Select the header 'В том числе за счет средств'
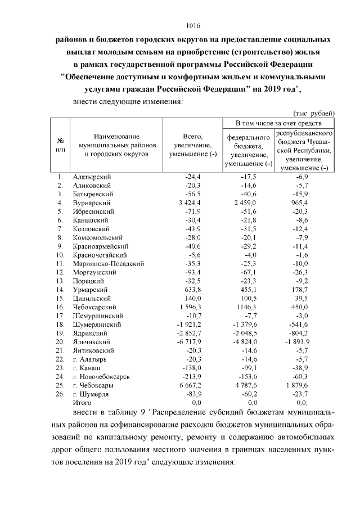[x=278, y=123]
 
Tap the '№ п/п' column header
[x=60, y=145]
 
